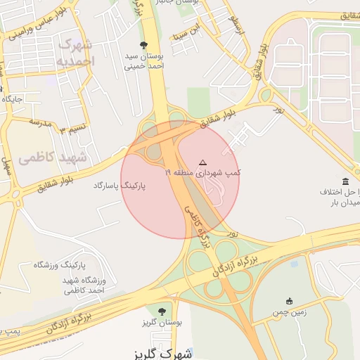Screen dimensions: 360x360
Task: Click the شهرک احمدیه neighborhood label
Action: click(x=75, y=53)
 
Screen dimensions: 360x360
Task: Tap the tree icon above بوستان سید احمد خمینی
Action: click(x=144, y=45)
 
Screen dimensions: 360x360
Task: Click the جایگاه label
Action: click(x=13, y=99)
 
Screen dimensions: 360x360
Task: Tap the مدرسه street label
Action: click(x=40, y=122)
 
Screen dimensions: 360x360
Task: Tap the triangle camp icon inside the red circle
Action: click(x=203, y=162)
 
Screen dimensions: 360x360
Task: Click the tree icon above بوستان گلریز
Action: click(x=162, y=310)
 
